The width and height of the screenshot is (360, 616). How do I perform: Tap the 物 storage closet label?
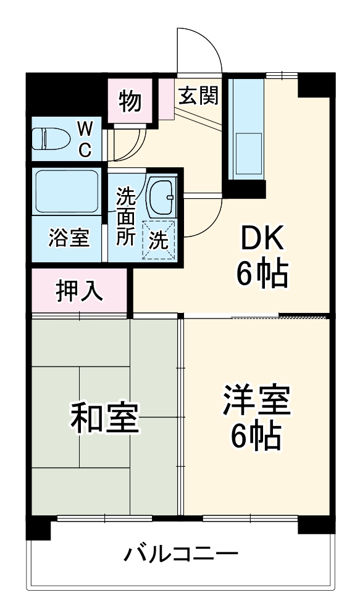[130, 101]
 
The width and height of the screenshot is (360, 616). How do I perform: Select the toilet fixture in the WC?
[48, 139]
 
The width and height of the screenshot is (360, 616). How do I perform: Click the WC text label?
[85, 139]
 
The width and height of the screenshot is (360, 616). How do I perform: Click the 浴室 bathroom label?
[68, 238]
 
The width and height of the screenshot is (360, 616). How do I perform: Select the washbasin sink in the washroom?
[162, 195]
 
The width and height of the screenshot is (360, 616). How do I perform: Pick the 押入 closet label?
[80, 291]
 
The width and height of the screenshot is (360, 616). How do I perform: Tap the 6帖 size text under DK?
[262, 274]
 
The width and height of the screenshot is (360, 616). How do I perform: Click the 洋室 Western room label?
[256, 401]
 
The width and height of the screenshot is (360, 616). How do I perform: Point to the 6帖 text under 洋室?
[256, 437]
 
